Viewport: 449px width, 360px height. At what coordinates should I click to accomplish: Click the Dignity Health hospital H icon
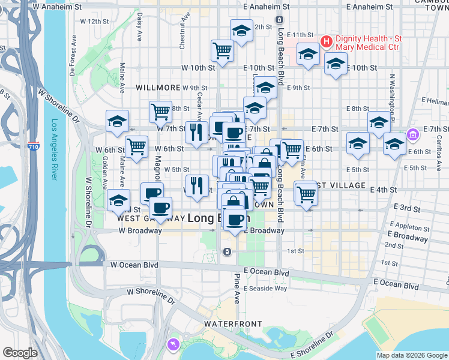(x=327, y=41)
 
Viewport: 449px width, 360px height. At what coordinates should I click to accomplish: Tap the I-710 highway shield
(x=33, y=146)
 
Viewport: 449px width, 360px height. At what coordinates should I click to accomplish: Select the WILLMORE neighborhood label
(x=158, y=88)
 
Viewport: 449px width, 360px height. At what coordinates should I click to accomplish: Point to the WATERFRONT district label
(x=233, y=324)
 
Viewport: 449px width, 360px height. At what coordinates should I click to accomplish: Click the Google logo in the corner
(x=20, y=353)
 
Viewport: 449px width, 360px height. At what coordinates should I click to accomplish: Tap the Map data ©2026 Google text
(x=412, y=355)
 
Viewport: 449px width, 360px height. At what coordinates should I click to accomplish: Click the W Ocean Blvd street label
(x=134, y=265)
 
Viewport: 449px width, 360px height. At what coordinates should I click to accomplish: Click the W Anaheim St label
(x=58, y=7)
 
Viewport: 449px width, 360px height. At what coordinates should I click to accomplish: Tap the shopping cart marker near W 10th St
(x=222, y=50)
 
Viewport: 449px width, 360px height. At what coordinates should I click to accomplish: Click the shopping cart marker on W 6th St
(x=137, y=146)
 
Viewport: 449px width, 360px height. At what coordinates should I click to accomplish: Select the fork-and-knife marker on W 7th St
(x=196, y=133)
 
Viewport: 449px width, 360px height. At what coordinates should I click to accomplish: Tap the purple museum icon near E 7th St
(x=412, y=134)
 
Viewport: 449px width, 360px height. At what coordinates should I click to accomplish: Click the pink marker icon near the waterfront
(x=173, y=344)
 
